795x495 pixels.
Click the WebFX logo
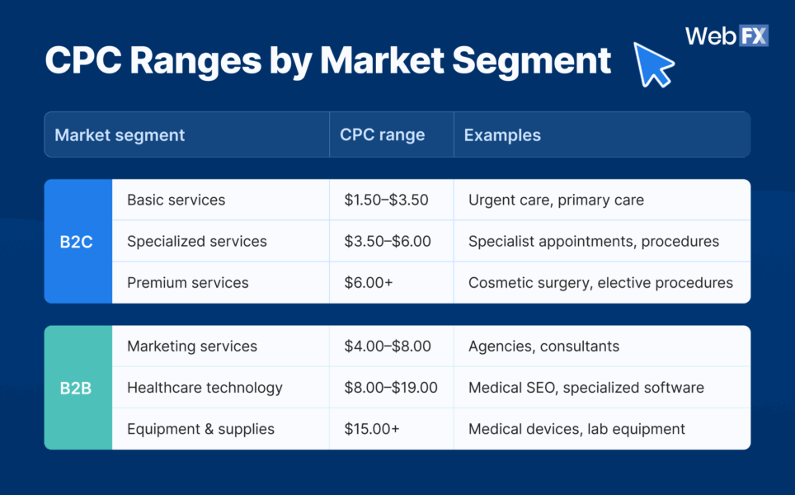point(726,36)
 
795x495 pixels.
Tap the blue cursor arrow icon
point(653,64)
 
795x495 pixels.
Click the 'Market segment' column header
point(120,134)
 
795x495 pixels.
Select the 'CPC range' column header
point(382,134)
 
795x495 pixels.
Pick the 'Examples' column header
point(502,134)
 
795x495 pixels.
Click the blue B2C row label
point(78,242)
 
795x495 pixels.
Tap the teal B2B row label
point(78,388)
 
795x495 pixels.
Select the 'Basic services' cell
point(176,200)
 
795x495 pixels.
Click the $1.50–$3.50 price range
point(386,200)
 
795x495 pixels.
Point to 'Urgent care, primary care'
point(556,200)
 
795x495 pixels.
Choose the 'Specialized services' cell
point(197,242)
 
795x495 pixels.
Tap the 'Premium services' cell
point(188,283)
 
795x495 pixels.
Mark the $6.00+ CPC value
point(369,283)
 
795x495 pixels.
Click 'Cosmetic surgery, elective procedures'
point(600,283)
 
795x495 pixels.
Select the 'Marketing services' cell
point(192,346)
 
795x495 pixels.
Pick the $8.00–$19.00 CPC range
point(391,388)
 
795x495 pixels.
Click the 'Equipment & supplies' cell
point(200,429)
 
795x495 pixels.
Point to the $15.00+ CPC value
point(372,429)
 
